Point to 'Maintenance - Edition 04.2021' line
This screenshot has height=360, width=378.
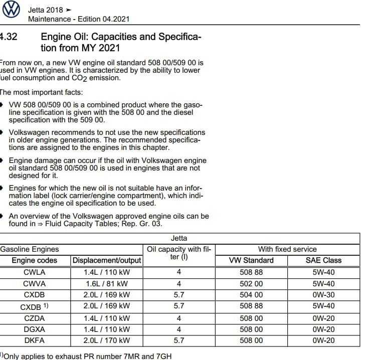(x=79, y=19)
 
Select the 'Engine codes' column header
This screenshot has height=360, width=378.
(x=35, y=261)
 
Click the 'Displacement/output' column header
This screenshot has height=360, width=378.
(x=107, y=261)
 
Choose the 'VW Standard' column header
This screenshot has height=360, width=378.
(x=251, y=261)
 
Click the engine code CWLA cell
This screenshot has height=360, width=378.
(x=35, y=273)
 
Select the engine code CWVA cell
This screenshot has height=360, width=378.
(x=35, y=284)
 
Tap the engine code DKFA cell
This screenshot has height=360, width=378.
(x=35, y=340)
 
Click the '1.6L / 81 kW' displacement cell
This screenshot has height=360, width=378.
(x=107, y=284)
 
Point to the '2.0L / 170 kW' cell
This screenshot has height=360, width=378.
(x=107, y=340)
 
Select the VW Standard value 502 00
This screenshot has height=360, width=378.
(x=251, y=284)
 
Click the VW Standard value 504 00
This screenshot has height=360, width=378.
(x=251, y=295)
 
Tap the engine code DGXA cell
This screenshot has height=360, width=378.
(x=35, y=329)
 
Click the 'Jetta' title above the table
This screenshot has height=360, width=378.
(x=179, y=238)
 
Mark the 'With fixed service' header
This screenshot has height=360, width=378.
(x=287, y=249)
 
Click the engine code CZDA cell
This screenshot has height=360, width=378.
(x=35, y=318)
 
